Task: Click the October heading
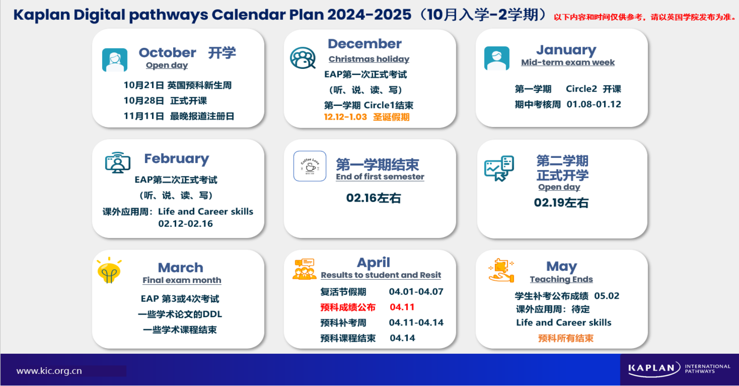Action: (x=168, y=52)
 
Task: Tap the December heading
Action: (x=365, y=43)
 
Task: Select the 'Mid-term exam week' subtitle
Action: (x=568, y=62)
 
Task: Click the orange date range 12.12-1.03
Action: (x=345, y=117)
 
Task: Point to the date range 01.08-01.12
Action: (x=594, y=104)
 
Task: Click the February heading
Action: (x=177, y=159)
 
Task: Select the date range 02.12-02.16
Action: (x=186, y=224)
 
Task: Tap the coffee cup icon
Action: (x=310, y=166)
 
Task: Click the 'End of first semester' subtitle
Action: (x=380, y=177)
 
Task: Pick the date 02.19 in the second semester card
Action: (x=549, y=203)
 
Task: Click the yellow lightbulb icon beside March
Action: (x=109, y=270)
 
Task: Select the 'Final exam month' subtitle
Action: (x=182, y=280)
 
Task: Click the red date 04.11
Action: (x=402, y=307)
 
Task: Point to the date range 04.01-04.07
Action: (x=416, y=292)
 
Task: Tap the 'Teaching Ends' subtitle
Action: (x=561, y=279)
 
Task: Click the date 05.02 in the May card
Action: (x=607, y=296)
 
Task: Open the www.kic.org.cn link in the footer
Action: (x=49, y=371)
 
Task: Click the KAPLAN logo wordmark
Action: (x=651, y=368)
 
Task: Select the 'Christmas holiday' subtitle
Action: (x=369, y=59)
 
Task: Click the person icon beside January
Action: (x=497, y=58)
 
